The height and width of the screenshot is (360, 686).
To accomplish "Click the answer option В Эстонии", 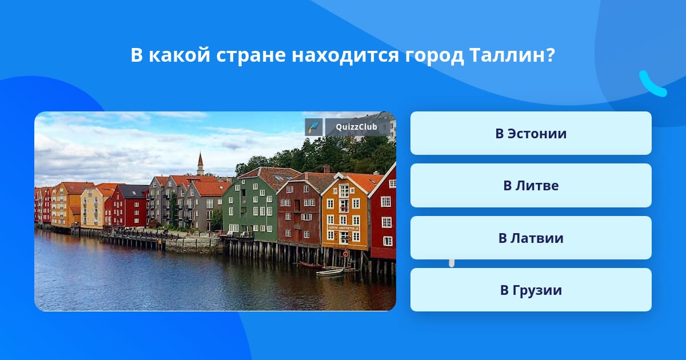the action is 531,133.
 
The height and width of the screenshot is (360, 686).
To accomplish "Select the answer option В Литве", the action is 531,186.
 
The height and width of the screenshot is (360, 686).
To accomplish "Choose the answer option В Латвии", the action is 531,238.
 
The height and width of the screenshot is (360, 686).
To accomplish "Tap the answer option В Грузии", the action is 531,290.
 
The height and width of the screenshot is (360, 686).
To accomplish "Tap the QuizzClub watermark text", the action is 356,127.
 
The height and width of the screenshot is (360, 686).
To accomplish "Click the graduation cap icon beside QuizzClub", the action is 314,127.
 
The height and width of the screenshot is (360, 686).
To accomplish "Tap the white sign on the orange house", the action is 344,229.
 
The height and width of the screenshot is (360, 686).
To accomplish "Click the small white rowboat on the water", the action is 330,271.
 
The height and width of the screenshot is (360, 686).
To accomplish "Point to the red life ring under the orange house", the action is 346,254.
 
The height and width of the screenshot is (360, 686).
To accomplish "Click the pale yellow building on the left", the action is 93,209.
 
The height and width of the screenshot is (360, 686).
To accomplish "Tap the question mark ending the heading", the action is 551,55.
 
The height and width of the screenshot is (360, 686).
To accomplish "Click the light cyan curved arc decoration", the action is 652,84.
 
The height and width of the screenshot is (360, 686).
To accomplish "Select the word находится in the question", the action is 345,56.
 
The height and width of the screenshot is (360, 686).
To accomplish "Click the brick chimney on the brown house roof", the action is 326,169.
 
